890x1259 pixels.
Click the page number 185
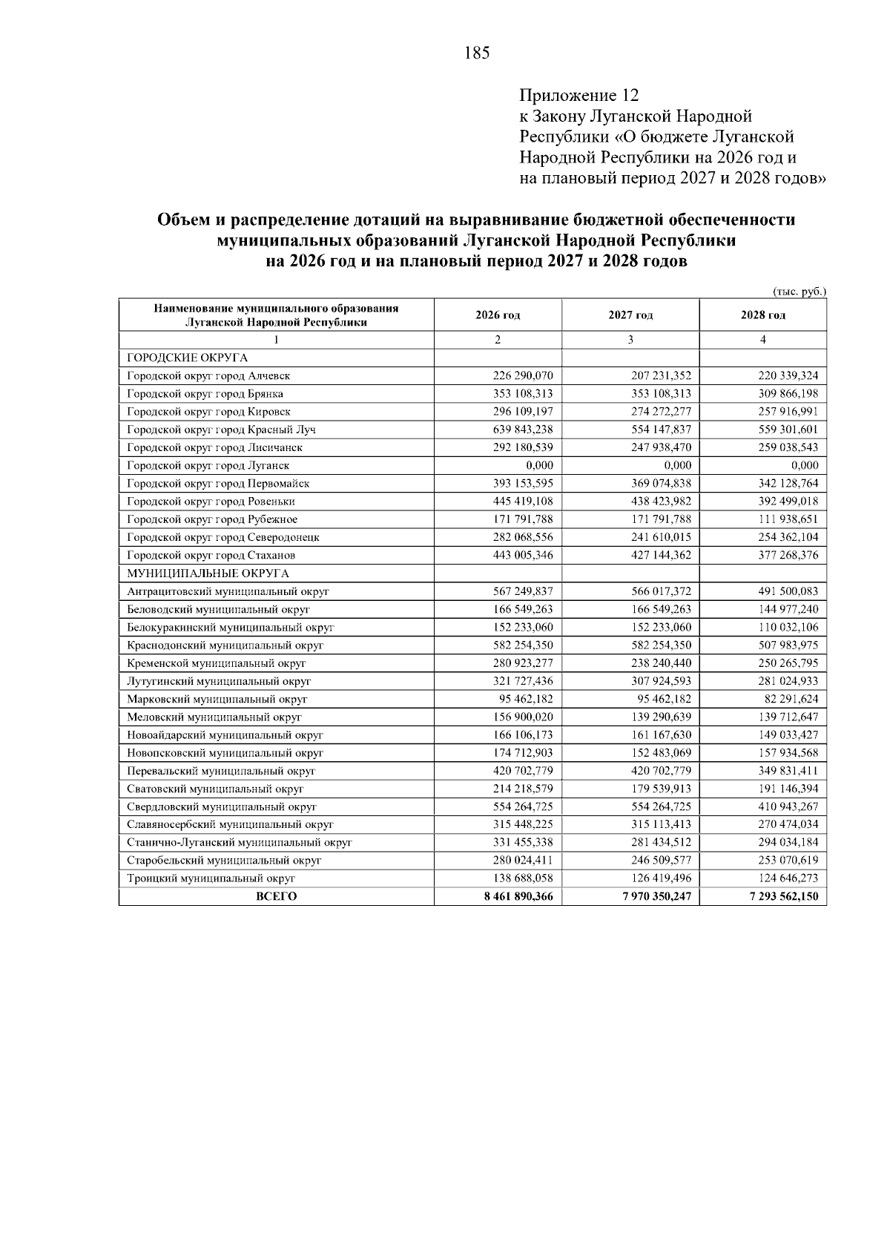(x=477, y=53)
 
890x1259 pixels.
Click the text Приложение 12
(x=578, y=96)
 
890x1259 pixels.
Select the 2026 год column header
(x=498, y=315)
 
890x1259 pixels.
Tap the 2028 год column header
(x=763, y=315)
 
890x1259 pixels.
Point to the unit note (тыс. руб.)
(x=799, y=292)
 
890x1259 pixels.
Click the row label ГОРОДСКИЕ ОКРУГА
(x=188, y=358)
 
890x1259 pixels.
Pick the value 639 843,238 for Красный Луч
(x=523, y=430)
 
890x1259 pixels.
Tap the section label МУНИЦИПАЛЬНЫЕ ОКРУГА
(x=208, y=573)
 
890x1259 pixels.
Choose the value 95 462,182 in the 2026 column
(x=526, y=699)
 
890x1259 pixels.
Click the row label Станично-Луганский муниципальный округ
(x=239, y=842)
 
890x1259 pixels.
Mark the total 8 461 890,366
(x=518, y=896)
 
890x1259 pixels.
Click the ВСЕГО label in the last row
(x=276, y=896)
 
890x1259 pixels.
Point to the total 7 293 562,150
(x=784, y=896)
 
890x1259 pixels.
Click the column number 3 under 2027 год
(x=630, y=340)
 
